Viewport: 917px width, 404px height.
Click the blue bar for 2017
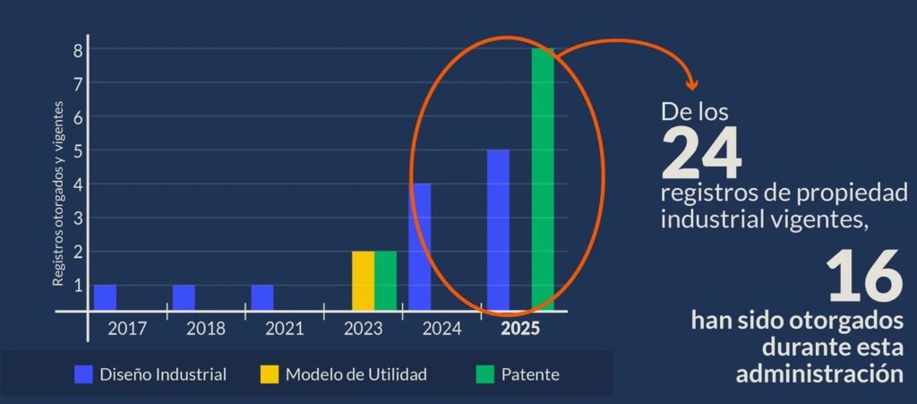tap(105, 297)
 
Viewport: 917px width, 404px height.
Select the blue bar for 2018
tap(184, 297)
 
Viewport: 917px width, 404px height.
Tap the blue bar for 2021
tap(262, 297)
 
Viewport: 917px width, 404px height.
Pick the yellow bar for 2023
tap(363, 280)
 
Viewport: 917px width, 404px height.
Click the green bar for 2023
tap(385, 280)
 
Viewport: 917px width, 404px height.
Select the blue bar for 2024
tap(420, 246)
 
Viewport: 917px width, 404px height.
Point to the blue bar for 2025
tap(498, 229)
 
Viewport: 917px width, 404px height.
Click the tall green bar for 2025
tap(543, 179)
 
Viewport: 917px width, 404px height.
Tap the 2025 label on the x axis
tap(520, 328)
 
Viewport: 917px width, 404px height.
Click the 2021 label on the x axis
tap(284, 328)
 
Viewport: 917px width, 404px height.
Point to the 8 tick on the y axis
tap(79, 50)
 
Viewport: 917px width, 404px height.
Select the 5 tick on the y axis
tap(79, 150)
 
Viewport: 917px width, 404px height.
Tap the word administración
tap(819, 373)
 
